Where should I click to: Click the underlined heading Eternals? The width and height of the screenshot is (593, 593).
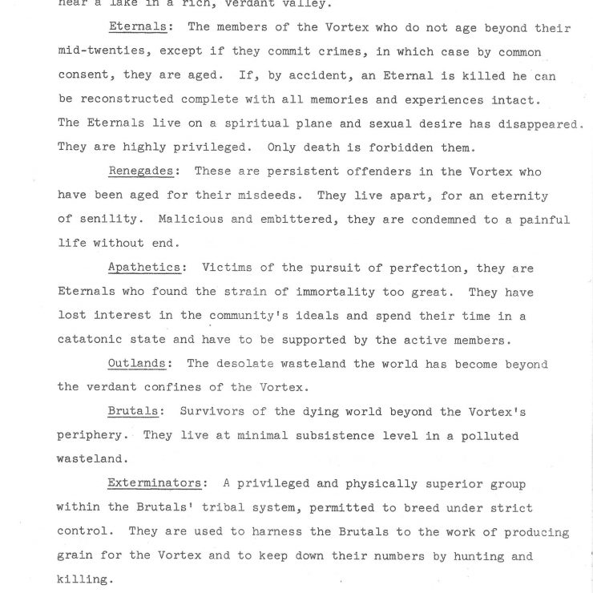[137, 28]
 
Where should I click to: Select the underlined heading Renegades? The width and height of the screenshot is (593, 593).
[143, 171]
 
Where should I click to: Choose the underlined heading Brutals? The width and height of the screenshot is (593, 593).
[133, 412]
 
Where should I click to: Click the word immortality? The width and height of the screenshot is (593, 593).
[325, 292]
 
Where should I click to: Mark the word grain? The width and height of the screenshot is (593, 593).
[76, 556]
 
